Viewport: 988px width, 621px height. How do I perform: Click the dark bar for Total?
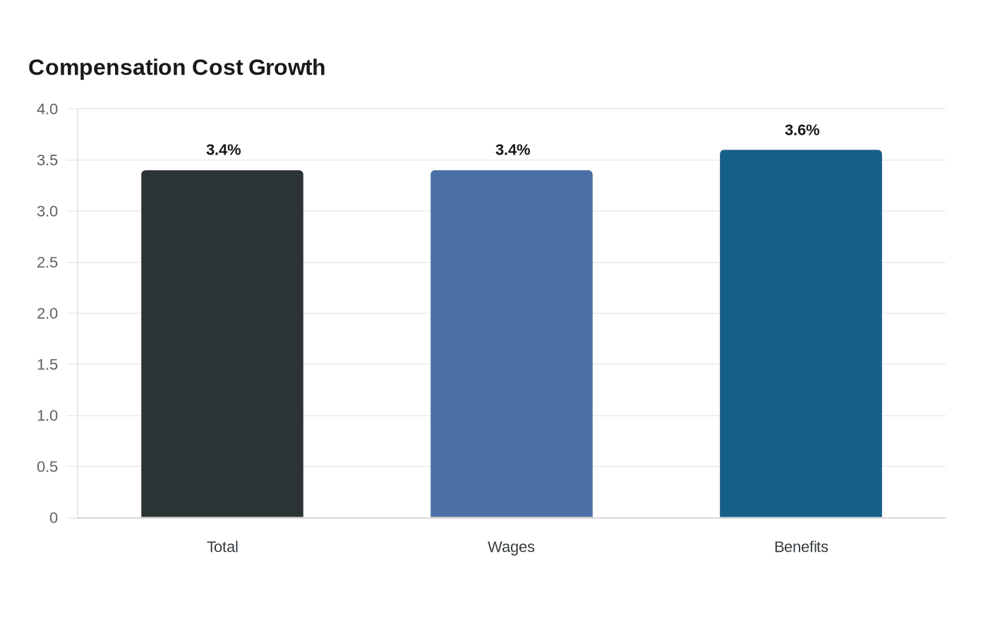222,344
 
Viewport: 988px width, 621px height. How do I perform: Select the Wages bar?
512,344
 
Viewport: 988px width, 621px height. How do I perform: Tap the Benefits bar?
801,333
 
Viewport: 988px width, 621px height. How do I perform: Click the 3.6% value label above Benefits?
802,130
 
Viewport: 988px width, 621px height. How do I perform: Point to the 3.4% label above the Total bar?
223,150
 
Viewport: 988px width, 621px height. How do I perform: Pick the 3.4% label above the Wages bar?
512,150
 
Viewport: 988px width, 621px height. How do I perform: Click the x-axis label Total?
222,547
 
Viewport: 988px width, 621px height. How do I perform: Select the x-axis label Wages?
511,548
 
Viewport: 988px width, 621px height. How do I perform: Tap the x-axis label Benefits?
801,547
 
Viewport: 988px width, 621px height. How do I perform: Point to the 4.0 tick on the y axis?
47,109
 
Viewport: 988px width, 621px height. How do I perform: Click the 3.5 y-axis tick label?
47,160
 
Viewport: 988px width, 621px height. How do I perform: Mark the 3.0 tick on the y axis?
47,211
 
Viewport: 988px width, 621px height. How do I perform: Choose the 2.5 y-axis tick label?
47,263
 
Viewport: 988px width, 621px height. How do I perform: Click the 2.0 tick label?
47,313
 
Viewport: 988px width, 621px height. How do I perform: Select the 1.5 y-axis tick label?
47,364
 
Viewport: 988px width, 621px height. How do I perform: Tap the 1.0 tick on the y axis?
47,416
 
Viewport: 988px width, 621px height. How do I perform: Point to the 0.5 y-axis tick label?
47,466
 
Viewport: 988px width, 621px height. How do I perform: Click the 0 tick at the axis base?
54,518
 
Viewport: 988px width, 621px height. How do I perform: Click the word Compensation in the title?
107,68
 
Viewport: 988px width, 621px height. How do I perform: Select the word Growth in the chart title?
287,68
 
